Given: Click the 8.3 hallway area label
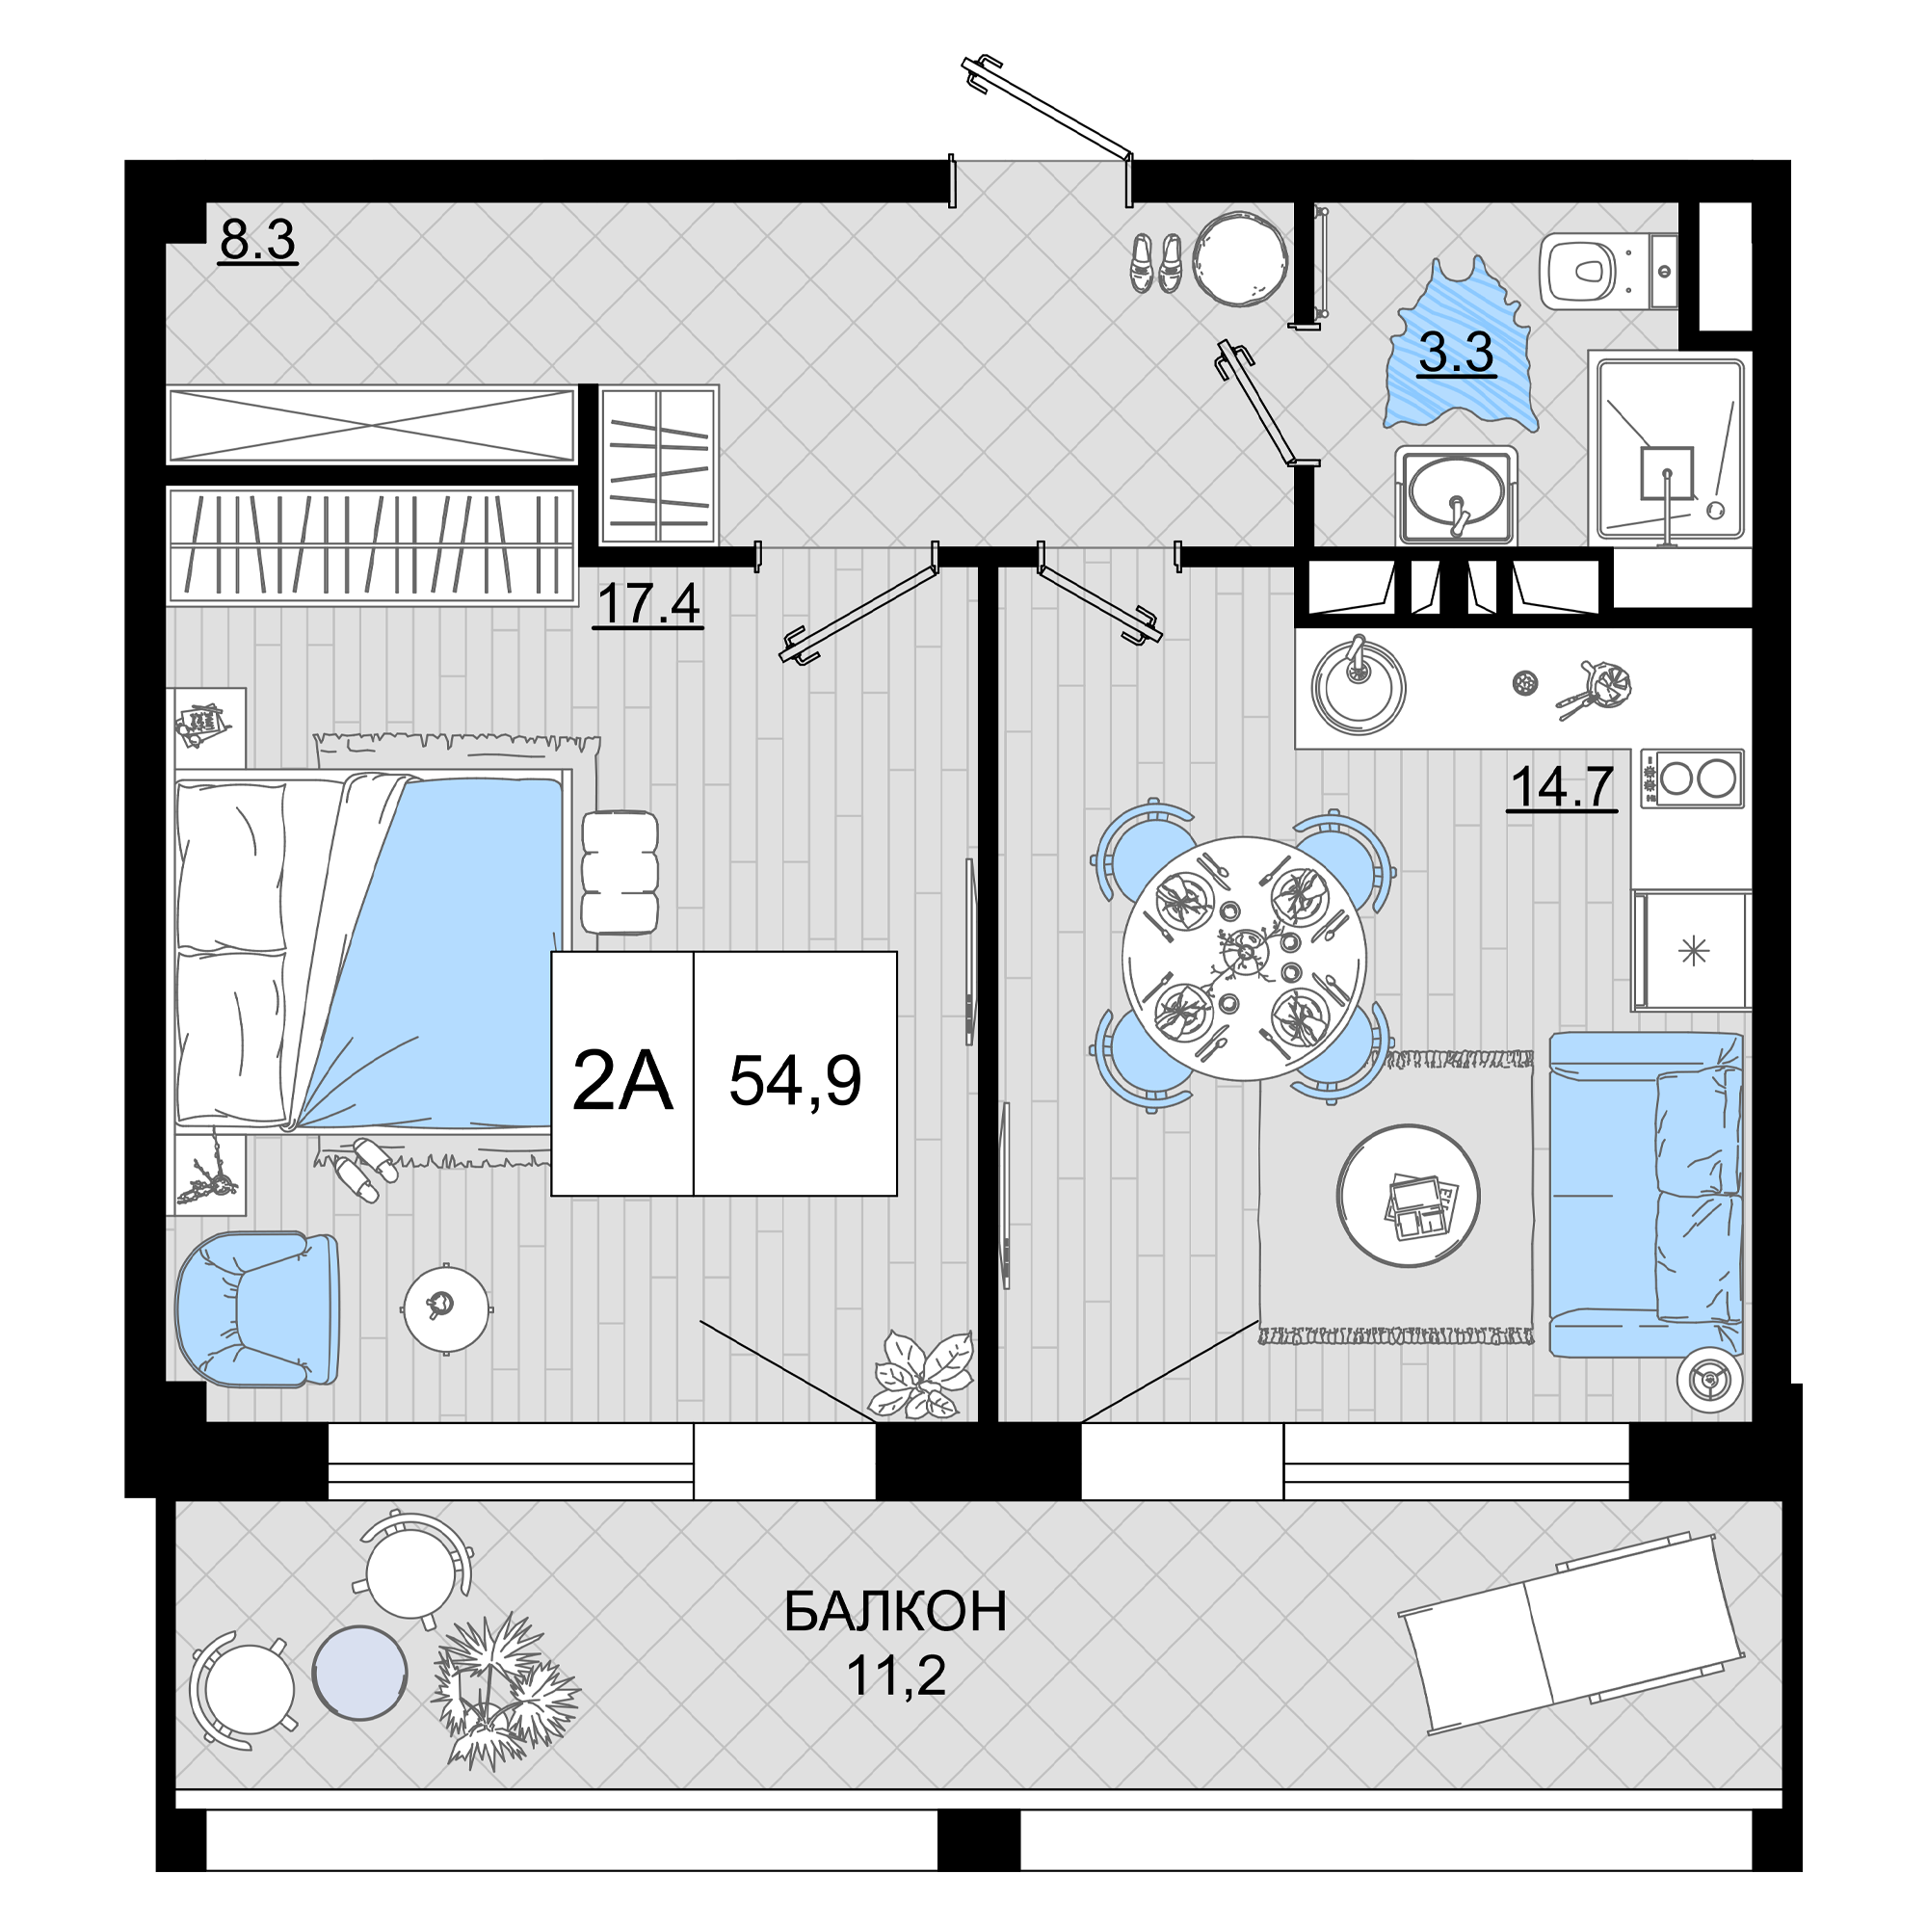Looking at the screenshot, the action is pos(258,240).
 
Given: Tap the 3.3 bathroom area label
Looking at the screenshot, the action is pos(1456,352).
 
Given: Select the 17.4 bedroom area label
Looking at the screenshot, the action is pos(648,604).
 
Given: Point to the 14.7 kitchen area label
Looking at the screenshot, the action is pos(1562,787).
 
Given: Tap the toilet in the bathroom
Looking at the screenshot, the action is pos(1608,272).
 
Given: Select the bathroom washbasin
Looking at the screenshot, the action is pos(1456,495).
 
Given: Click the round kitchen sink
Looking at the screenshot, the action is pos(1359,686).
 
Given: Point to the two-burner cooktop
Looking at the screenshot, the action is pos(1693,779).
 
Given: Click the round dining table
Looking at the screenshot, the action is pos(1244,959).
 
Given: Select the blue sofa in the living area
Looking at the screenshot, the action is pos(1646,1195).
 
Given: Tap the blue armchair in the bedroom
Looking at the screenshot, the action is pos(257,1308).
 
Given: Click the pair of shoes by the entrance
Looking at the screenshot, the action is pos(1156,263).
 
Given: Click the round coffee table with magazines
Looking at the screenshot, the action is pos(1409,1196).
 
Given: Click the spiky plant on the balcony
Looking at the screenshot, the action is pos(504,1692).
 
